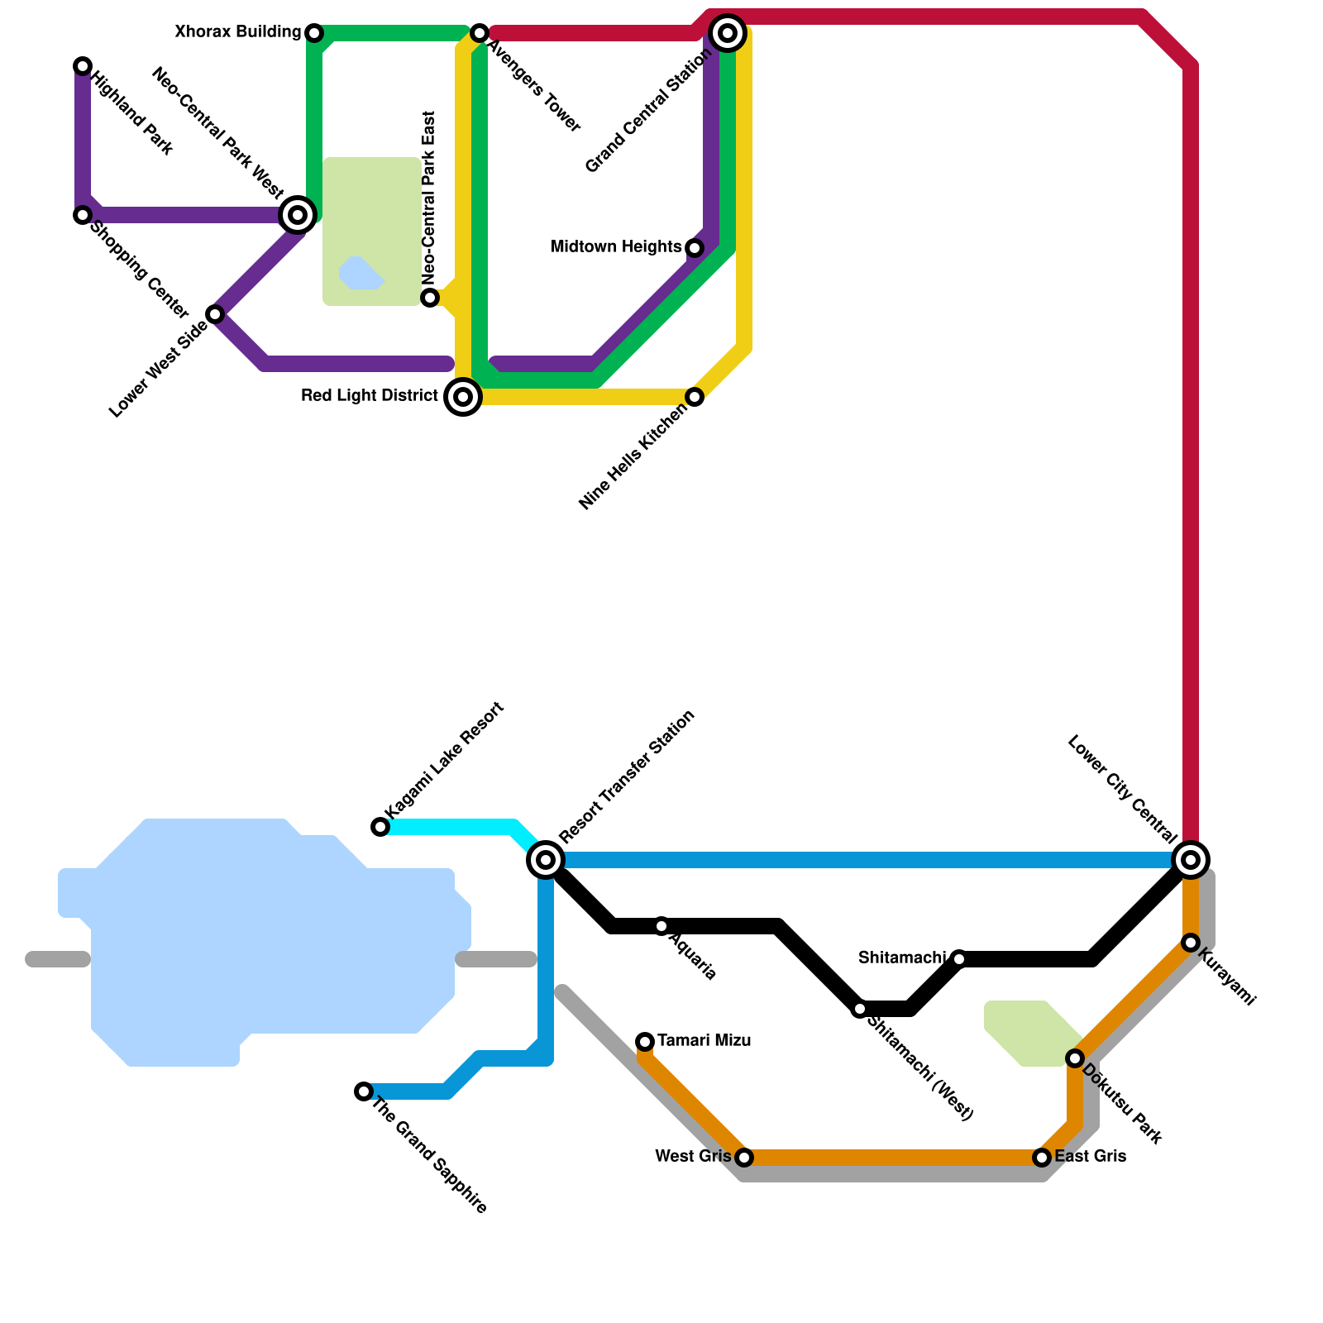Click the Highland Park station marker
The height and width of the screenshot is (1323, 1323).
[83, 66]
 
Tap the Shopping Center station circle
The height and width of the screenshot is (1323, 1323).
[83, 215]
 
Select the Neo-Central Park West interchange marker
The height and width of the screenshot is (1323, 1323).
[298, 215]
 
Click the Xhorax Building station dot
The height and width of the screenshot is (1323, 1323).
[314, 33]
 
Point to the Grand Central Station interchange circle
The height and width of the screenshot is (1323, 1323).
[728, 33]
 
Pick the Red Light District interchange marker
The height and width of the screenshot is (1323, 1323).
[463, 397]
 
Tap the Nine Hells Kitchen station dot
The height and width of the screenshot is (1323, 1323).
[695, 397]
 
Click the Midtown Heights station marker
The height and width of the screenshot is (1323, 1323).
[695, 248]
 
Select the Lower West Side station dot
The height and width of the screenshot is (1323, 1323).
[215, 314]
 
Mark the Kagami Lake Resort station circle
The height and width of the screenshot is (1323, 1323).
[380, 827]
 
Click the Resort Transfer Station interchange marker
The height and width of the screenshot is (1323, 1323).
[546, 860]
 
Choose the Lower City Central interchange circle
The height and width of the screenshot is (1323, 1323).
[1191, 860]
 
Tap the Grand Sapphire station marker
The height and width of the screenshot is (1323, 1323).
[364, 1091]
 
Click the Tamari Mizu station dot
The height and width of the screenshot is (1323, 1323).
[645, 1042]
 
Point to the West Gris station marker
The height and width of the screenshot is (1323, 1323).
[744, 1158]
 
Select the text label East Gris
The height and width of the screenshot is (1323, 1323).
[1090, 1157]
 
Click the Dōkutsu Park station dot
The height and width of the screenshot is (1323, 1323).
[1075, 1058]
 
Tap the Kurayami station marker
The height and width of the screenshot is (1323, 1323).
[1191, 943]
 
